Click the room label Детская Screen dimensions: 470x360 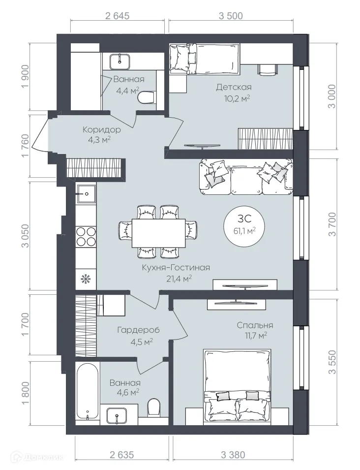(234, 87)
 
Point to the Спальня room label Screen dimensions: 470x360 (254, 325)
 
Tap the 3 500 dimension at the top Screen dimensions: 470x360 (231, 16)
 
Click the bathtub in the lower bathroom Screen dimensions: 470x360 (87, 391)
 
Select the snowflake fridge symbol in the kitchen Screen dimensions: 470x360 (86, 279)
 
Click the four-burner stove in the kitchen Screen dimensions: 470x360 (86, 237)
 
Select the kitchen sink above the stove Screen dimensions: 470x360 (86, 194)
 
